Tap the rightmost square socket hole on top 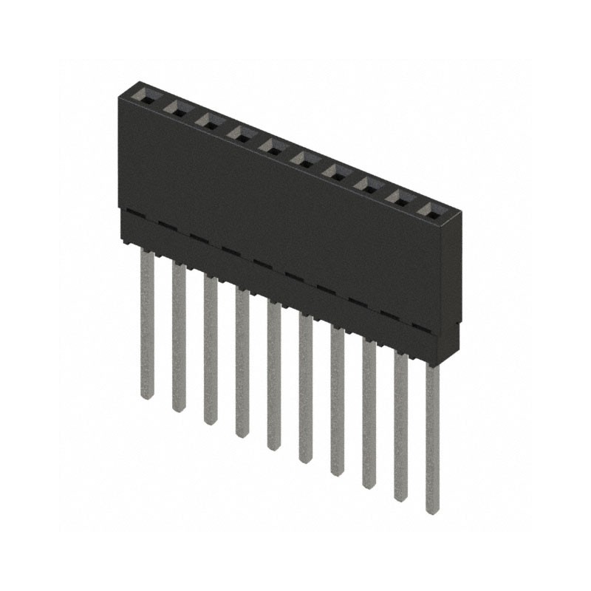pos(431,212)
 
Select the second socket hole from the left pos(178,109)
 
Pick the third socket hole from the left pos(209,121)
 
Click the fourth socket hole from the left pos(241,134)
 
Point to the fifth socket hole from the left pos(273,147)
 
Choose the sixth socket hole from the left pos(304,160)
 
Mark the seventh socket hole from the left pos(335,173)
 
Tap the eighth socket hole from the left pos(367,186)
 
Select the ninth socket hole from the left pos(399,199)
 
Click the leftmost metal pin pos(147,325)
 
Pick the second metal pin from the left pos(179,336)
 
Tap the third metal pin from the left pos(211,349)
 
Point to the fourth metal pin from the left pos(242,362)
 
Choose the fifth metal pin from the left pos(274,375)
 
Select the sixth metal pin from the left pos(306,388)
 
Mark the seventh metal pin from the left pos(337,401)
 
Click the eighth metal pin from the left pos(369,414)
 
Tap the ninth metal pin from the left pos(400,427)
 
